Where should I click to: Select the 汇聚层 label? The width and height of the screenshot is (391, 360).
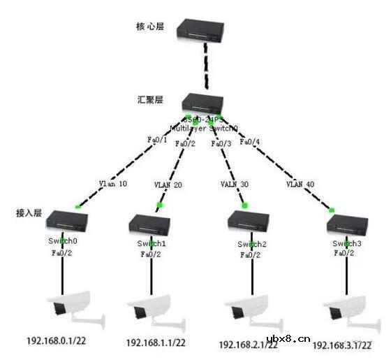pyautogui.click(x=149, y=101)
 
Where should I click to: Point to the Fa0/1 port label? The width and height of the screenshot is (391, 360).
pyautogui.click(x=157, y=139)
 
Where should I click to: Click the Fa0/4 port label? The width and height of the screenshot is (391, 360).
pyautogui.click(x=249, y=142)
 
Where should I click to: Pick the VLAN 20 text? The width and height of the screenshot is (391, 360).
pyautogui.click(x=168, y=185)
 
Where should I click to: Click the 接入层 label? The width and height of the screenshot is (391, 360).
pyautogui.click(x=29, y=212)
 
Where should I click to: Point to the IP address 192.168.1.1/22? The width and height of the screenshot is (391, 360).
pyautogui.click(x=156, y=343)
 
